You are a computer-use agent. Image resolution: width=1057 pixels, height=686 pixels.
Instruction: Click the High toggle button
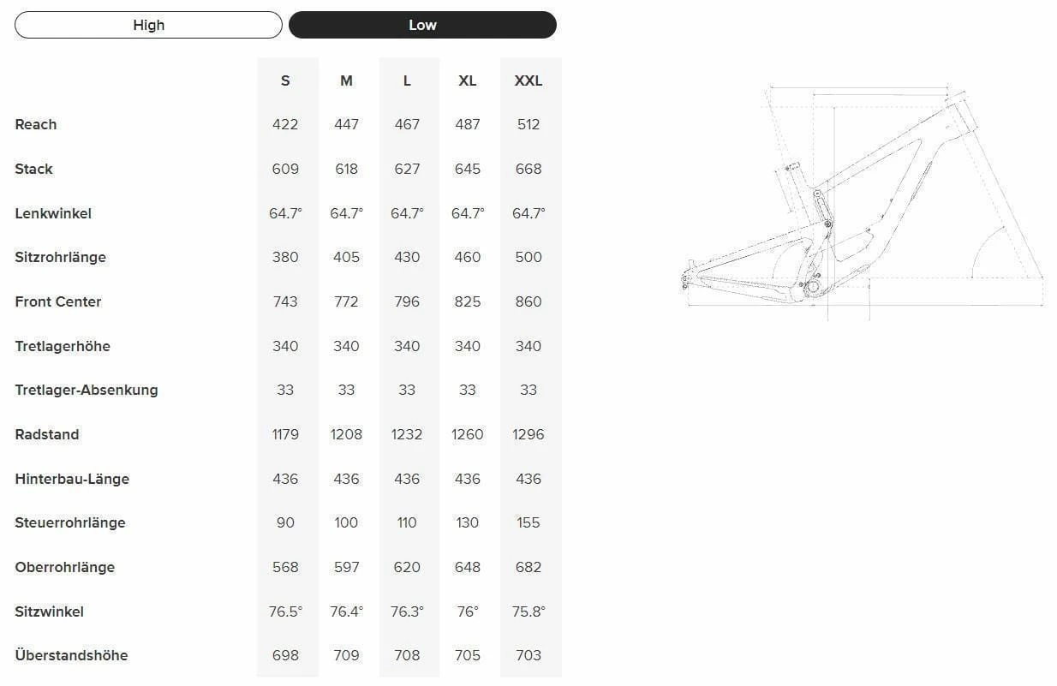point(148,25)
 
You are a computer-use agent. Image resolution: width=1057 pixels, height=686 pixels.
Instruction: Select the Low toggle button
point(422,25)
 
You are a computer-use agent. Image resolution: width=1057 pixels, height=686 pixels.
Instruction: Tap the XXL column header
point(528,81)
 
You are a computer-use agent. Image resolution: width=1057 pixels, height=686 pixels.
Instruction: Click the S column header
point(285,81)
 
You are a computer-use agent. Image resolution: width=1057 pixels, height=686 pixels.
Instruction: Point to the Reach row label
point(36,124)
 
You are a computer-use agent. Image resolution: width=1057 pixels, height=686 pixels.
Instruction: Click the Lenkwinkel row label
point(53,213)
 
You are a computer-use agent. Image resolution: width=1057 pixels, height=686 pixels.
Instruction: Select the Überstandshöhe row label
point(71,655)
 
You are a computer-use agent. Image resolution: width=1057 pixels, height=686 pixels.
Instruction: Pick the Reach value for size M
point(346,124)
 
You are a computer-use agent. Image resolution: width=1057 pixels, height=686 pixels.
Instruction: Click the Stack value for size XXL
point(528,169)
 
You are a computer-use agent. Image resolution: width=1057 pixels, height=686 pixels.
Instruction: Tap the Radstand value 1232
point(407,434)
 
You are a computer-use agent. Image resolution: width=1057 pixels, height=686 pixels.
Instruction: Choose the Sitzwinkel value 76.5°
point(285,611)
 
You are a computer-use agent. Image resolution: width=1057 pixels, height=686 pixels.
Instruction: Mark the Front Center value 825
point(468,301)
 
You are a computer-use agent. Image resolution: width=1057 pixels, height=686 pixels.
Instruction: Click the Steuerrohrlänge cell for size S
point(285,522)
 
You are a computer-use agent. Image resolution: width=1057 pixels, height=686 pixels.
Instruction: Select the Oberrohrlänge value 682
point(528,567)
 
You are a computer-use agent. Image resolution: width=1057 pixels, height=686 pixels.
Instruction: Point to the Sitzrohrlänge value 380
point(285,257)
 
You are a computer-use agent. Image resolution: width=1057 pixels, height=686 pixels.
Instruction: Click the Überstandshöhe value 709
point(346,655)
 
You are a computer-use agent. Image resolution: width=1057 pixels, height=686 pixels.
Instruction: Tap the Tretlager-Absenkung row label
point(87,390)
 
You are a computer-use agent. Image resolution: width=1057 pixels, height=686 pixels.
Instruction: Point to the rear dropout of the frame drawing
point(687,277)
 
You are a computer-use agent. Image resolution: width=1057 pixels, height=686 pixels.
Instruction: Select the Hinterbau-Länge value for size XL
point(468,479)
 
